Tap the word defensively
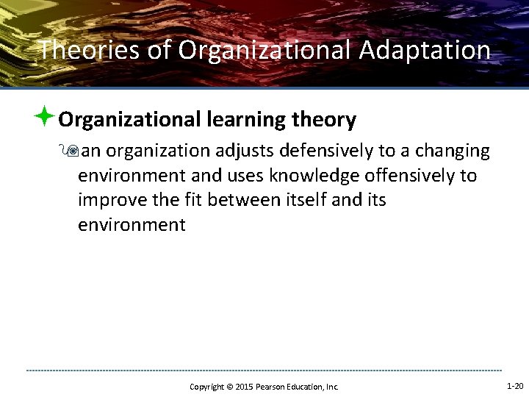coord(328,151)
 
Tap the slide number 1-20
coord(515,386)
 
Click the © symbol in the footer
coord(228,387)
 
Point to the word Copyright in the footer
coord(206,387)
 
